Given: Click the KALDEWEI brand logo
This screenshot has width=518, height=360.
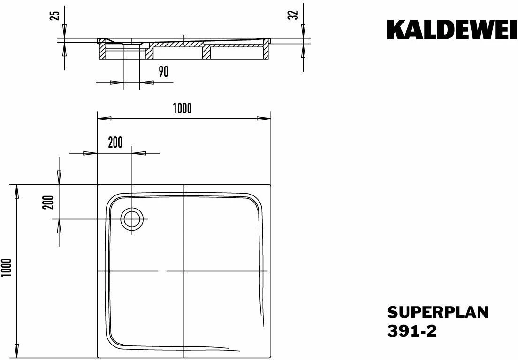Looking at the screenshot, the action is click(452, 30).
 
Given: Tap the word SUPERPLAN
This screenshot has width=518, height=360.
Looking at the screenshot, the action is click(438, 312).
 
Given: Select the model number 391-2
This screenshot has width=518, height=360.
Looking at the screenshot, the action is click(412, 331).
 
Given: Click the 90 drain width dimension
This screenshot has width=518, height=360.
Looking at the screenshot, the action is click(164, 72).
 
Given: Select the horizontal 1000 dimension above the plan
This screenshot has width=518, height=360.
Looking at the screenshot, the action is click(183, 108).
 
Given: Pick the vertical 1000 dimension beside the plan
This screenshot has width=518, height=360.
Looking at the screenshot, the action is click(7, 268).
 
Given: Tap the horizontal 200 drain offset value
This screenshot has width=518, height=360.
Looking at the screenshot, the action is click(115, 142).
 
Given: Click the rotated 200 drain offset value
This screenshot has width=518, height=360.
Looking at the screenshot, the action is click(48, 202).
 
